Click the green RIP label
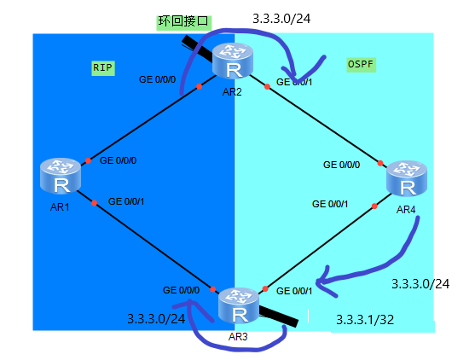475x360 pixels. (103, 67)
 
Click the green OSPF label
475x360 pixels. (362, 64)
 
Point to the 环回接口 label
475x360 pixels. (182, 21)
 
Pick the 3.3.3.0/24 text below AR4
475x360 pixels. (420, 282)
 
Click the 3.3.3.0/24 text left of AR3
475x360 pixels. (156, 318)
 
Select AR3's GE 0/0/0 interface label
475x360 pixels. (181, 290)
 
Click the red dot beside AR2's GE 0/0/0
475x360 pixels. (198, 86)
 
